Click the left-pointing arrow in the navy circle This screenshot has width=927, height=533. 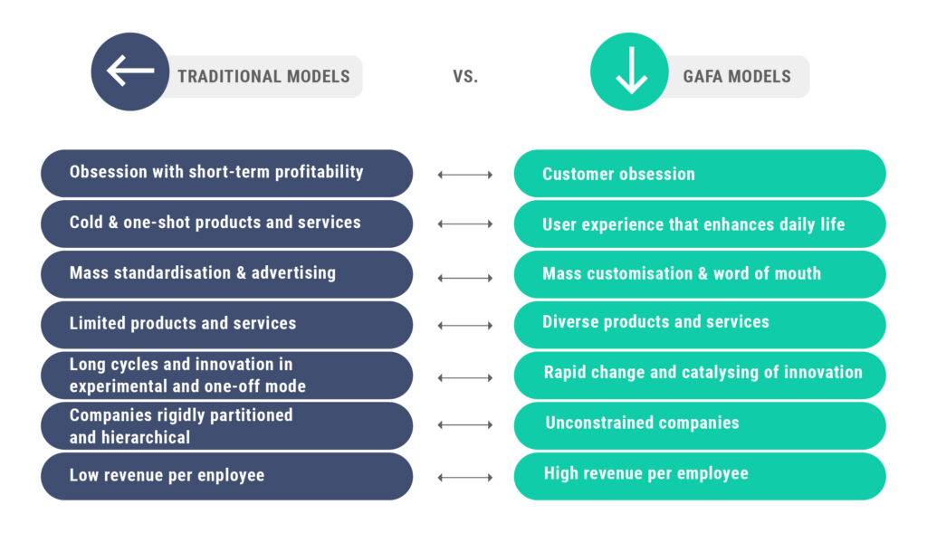(x=129, y=71)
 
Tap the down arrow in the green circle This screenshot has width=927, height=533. (x=630, y=72)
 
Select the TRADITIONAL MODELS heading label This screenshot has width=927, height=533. (x=263, y=76)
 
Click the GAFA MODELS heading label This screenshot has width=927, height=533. (x=736, y=76)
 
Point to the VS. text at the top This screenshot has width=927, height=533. (x=465, y=77)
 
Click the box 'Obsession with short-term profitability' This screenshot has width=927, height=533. (x=226, y=172)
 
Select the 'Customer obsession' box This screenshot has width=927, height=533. (x=699, y=174)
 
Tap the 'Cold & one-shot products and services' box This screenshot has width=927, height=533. (x=226, y=223)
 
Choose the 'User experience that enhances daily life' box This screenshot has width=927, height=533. (x=699, y=224)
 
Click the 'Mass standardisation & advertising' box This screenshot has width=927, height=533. (x=226, y=273)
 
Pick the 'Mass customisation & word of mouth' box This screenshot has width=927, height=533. (x=699, y=273)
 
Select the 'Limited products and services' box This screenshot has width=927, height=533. (x=226, y=324)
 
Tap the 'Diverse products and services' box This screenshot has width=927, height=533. (x=699, y=323)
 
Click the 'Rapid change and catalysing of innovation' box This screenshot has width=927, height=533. (x=699, y=374)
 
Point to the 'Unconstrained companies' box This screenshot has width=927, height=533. (x=699, y=424)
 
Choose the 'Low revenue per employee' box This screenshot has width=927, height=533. (x=226, y=476)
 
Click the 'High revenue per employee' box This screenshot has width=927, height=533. (x=699, y=475)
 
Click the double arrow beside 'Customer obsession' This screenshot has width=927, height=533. (x=465, y=174)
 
